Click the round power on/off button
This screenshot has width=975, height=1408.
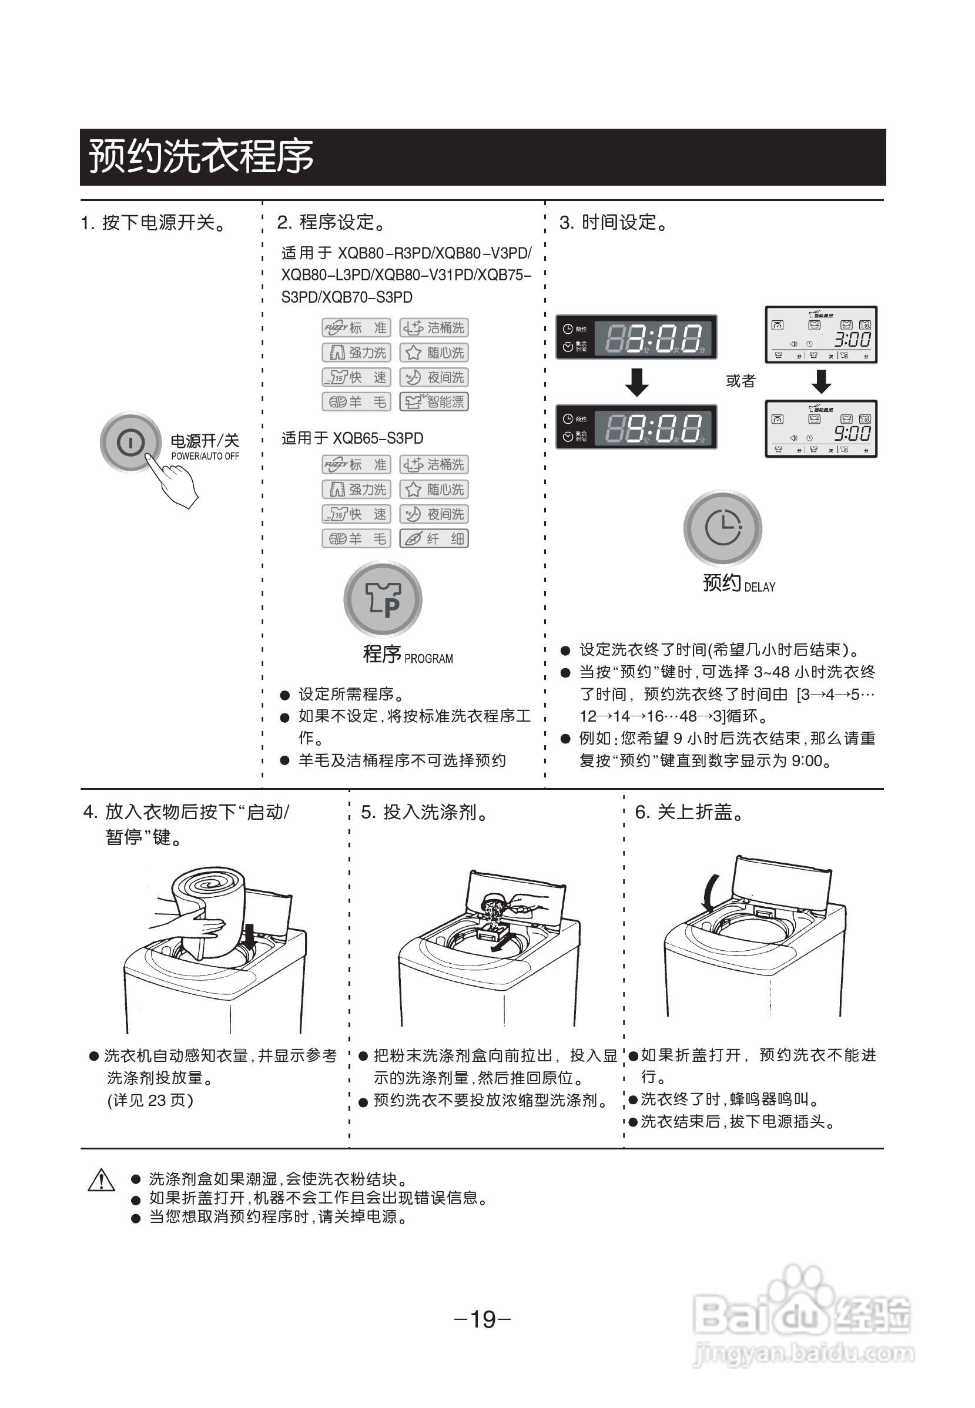(x=130, y=442)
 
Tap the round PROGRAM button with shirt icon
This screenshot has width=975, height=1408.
(x=383, y=599)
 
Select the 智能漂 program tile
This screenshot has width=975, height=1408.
(x=434, y=402)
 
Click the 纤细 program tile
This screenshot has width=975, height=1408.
(x=434, y=539)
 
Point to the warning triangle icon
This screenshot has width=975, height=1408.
(x=102, y=1180)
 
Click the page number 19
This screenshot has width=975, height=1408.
(x=483, y=1319)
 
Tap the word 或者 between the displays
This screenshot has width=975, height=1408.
(x=741, y=381)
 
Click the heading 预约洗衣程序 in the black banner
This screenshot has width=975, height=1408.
(x=201, y=156)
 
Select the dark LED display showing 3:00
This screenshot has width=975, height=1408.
(x=636, y=337)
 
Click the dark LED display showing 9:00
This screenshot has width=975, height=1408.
(x=636, y=427)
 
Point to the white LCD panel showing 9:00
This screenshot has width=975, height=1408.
(x=820, y=429)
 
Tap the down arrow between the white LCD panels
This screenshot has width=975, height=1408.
(x=821, y=382)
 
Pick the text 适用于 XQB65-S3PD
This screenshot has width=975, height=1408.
(x=352, y=438)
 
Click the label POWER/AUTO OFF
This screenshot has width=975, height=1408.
(x=205, y=456)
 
